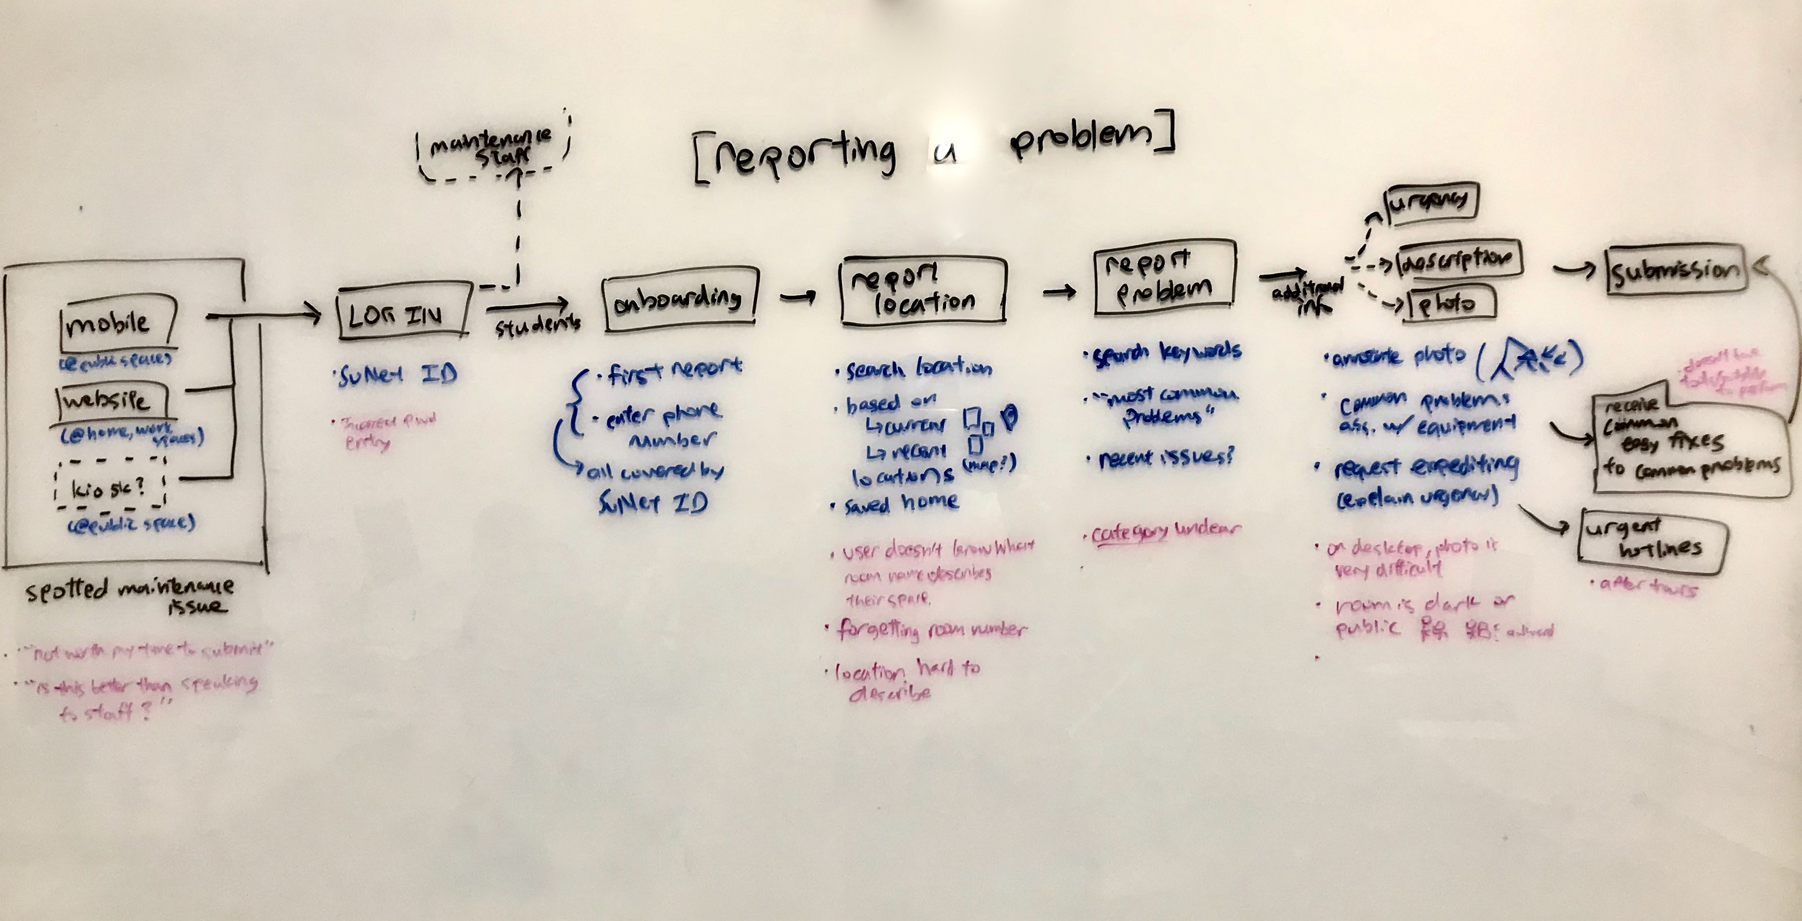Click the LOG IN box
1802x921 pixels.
(x=402, y=312)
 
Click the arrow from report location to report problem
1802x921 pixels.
(x=1060, y=291)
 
